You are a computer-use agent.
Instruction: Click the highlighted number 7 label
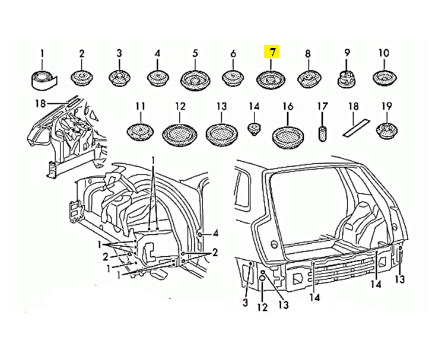(x=272, y=52)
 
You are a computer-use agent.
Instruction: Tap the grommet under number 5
(x=195, y=78)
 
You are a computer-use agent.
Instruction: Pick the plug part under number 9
(x=347, y=77)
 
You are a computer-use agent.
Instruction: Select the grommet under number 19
(x=387, y=130)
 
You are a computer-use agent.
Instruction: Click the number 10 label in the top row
(x=384, y=53)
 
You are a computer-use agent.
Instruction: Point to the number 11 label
(x=140, y=107)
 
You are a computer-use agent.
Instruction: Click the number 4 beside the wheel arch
(x=216, y=232)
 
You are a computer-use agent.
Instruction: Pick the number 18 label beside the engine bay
(x=40, y=104)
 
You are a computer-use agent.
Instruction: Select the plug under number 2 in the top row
(x=82, y=77)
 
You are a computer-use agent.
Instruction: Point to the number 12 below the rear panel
(x=262, y=307)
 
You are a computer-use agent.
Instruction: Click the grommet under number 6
(x=233, y=78)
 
